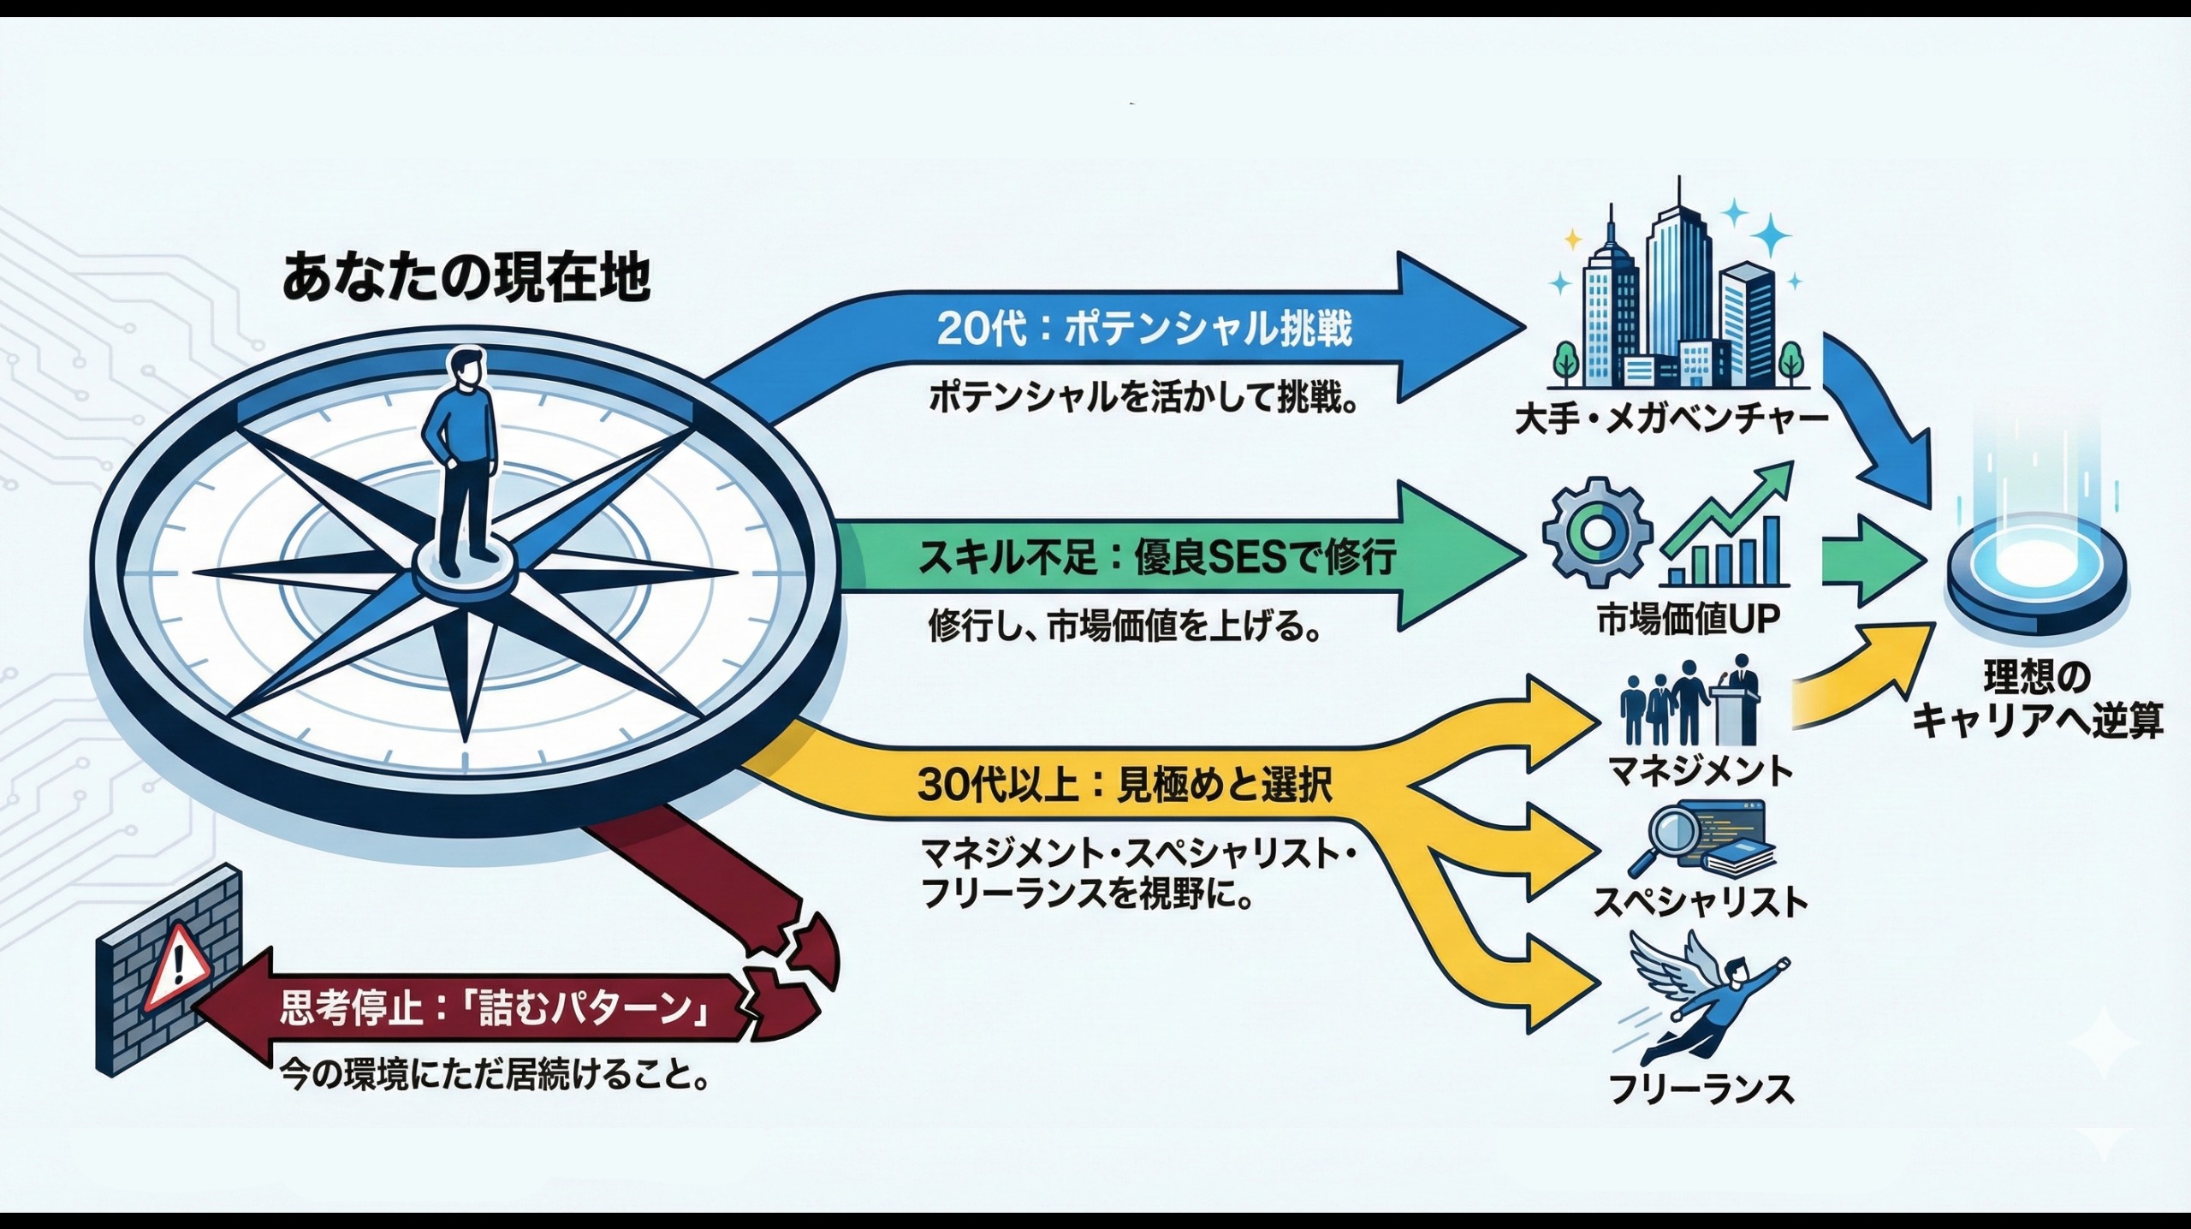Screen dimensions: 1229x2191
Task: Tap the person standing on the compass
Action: click(463, 462)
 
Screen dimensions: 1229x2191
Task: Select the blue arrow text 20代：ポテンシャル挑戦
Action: click(1144, 330)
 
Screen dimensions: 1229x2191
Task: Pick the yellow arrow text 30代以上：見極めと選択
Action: click(1125, 786)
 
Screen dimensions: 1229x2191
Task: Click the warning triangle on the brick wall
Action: click(177, 966)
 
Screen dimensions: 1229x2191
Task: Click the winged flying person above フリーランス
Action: click(1703, 1001)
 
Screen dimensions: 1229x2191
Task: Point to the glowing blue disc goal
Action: click(2037, 569)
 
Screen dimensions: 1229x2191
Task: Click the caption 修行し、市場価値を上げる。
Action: click(1123, 627)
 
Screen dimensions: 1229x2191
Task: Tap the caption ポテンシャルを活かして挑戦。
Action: click(1143, 399)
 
